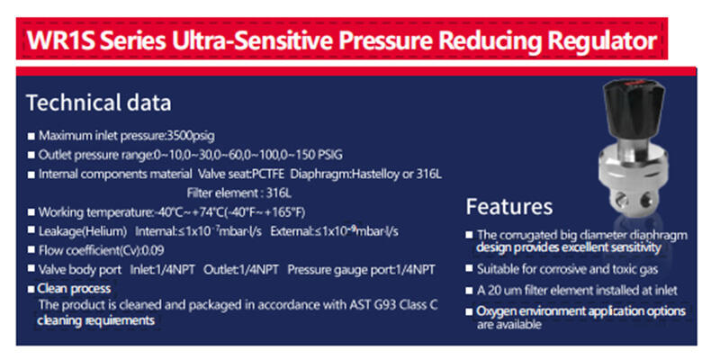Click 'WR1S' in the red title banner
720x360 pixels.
tap(59, 40)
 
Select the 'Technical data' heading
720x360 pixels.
tap(99, 103)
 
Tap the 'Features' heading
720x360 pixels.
tap(509, 207)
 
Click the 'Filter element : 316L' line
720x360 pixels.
tap(238, 193)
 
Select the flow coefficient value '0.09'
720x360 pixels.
tap(154, 251)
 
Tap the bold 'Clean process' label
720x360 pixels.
tap(74, 288)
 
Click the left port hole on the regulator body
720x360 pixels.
tap(621, 198)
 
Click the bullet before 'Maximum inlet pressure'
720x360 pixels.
tap(31, 137)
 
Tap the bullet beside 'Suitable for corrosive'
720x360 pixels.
tap(469, 268)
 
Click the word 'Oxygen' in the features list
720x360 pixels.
tap(493, 311)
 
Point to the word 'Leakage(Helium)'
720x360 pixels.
tap(82, 232)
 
